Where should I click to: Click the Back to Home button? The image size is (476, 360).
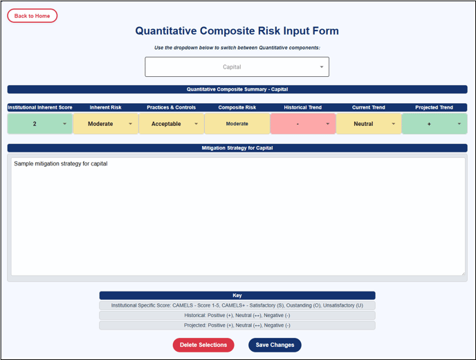tap(33, 16)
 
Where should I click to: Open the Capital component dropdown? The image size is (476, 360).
tap(237, 67)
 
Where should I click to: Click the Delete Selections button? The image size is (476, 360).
tap(203, 345)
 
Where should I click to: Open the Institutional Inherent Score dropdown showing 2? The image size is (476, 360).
tap(39, 124)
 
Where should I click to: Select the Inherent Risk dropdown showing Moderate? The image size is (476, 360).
tap(106, 124)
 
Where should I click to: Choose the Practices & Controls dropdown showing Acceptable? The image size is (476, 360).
tap(171, 124)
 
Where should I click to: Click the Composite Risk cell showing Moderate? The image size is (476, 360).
tap(237, 124)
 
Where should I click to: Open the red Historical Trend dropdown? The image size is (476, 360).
tap(303, 124)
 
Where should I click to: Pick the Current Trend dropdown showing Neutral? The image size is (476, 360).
tap(369, 124)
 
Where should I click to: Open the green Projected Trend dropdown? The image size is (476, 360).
tap(434, 124)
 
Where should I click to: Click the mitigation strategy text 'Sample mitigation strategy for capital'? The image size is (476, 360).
tap(61, 164)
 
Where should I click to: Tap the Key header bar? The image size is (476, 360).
tap(237, 296)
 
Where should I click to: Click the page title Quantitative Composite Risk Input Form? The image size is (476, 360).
tap(237, 30)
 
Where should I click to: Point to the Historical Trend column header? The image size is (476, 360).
tap(302, 107)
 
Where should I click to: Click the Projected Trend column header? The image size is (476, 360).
tap(434, 107)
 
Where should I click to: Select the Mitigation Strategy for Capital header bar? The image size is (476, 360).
tap(237, 148)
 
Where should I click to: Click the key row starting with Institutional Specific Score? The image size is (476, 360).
tap(237, 305)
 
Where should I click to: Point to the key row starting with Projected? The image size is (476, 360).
tap(237, 325)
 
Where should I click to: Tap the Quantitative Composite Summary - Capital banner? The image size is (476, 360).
tap(237, 89)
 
